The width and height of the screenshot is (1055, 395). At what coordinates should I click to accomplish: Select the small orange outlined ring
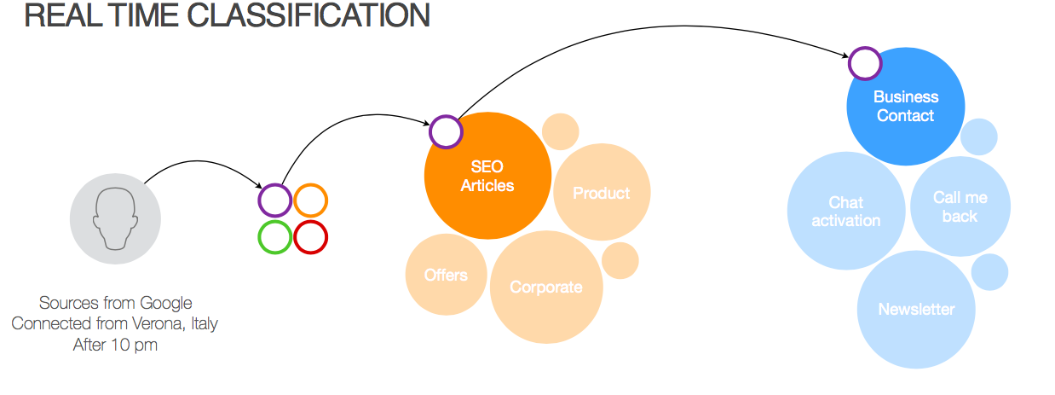coord(311,200)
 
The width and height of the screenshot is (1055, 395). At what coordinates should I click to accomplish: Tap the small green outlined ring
coord(274,236)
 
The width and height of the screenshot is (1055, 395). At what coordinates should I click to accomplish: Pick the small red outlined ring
coord(311,236)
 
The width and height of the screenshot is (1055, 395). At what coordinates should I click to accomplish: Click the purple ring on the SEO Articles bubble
coord(445,132)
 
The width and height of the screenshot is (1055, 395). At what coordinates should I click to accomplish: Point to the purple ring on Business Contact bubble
coord(864,62)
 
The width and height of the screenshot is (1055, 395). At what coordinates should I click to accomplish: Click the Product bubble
coord(602,193)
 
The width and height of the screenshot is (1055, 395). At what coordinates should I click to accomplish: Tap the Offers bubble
coord(446,275)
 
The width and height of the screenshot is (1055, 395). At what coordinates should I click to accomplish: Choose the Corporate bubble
coord(546,287)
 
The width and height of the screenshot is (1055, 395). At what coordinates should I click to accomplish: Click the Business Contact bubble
coord(906,107)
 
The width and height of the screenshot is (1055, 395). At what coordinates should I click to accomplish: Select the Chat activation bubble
coord(845,211)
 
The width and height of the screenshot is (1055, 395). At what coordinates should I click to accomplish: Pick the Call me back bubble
coord(960,206)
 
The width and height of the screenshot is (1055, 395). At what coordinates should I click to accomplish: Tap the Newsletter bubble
coord(916,309)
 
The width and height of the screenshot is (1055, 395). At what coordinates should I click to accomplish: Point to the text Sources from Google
coord(115,303)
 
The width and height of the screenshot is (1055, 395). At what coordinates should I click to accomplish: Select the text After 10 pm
coord(115,345)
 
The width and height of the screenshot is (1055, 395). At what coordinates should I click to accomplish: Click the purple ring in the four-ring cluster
coord(274,200)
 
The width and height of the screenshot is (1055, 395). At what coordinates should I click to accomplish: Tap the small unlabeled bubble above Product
coord(560,131)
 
